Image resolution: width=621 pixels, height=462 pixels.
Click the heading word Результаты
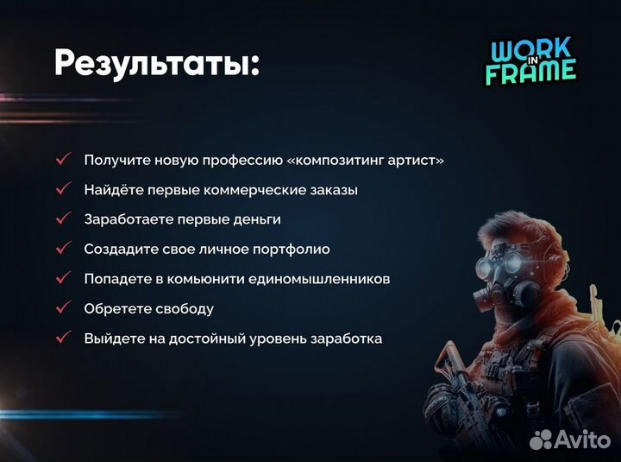(154, 62)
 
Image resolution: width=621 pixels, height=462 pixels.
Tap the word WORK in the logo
(524, 50)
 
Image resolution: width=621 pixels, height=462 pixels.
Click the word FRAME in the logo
(530, 73)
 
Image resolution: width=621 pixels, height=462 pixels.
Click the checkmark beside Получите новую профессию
(63, 160)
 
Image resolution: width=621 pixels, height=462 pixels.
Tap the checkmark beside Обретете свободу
(63, 308)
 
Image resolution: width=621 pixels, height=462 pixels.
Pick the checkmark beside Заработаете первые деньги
(63, 219)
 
